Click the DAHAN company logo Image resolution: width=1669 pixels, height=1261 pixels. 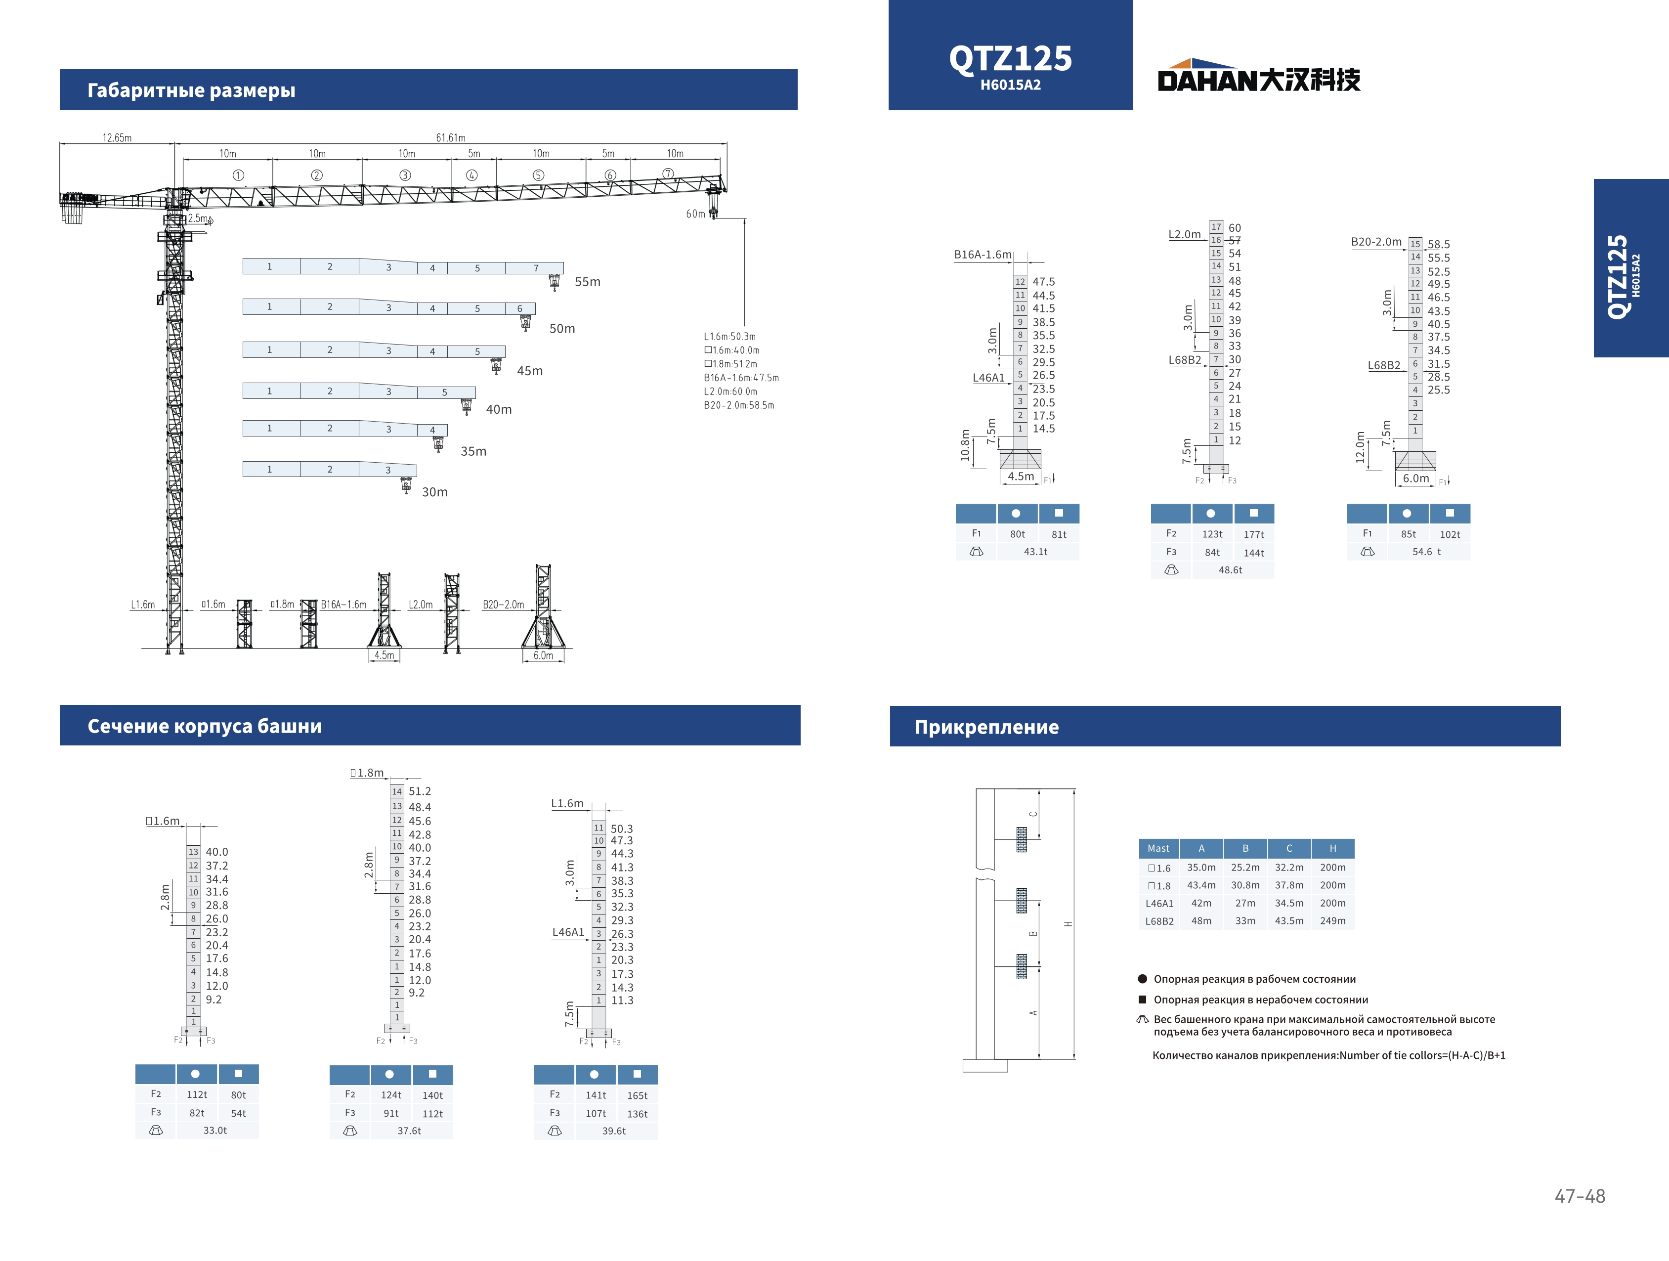coord(1258,76)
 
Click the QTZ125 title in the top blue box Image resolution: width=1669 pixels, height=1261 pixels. coord(1010,58)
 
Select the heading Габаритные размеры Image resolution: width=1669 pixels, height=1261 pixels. coord(191,90)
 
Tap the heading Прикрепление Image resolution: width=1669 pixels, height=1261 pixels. coord(986,727)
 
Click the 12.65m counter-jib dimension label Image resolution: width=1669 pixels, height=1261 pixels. coord(117,137)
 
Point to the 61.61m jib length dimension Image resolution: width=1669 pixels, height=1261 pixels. coord(450,137)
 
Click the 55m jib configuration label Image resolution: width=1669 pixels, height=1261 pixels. coord(588,281)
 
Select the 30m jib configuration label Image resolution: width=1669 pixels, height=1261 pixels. coord(434,492)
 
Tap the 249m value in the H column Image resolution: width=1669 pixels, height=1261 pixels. coord(1332,920)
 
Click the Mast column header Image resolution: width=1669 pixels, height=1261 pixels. coord(1158,848)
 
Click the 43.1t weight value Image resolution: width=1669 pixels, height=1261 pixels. coord(1035,552)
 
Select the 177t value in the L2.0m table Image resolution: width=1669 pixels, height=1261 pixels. coord(1253,534)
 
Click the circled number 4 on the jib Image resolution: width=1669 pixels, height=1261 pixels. coord(471,175)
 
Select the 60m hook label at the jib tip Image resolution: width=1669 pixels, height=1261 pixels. coord(695,214)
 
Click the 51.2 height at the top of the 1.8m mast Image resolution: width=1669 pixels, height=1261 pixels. coord(420,791)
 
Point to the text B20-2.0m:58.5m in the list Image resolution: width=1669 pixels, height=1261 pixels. coord(739,405)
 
